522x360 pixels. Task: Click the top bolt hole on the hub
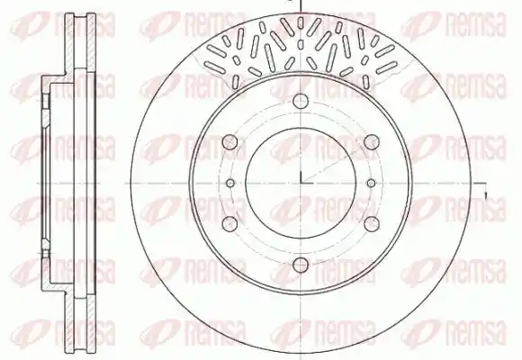301,101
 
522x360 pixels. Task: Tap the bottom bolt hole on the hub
301,265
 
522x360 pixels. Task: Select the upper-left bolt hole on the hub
229,142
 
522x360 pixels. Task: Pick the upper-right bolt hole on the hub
372,142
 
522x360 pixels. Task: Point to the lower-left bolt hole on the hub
229,224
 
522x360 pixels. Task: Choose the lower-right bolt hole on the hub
372,223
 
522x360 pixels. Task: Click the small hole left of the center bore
230,183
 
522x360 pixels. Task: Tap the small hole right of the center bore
371,183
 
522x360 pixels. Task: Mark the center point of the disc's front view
301,183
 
